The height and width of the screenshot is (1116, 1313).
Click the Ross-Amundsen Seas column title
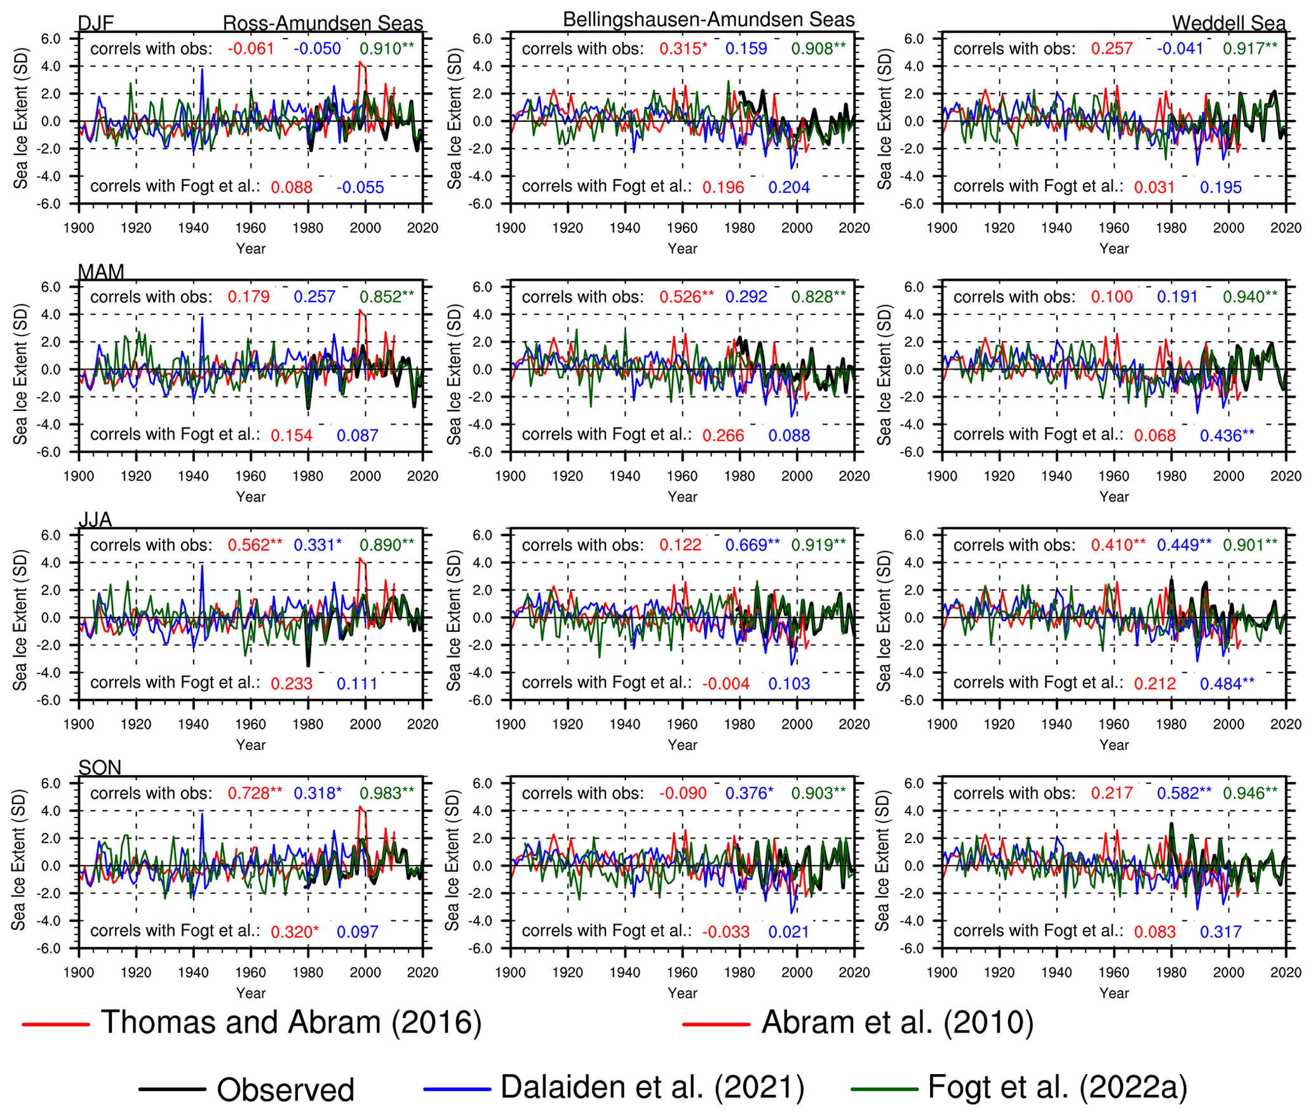322,24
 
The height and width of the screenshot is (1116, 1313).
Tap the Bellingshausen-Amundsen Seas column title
708,19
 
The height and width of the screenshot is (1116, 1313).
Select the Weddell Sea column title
1228,24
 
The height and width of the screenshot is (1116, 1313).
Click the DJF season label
95,24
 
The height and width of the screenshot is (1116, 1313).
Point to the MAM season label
100,272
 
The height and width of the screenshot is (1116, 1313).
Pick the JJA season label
95,520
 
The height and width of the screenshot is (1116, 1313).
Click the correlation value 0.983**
386,793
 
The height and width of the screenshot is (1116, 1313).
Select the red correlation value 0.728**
255,793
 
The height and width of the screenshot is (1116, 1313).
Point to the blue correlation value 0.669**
752,545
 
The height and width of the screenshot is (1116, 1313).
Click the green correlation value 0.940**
1249,297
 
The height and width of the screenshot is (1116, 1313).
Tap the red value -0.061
251,48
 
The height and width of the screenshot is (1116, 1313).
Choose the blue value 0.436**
1227,436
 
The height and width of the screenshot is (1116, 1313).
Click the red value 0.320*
294,932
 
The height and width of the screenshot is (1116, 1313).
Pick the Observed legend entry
285,1090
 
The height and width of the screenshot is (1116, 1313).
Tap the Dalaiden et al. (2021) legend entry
652,1087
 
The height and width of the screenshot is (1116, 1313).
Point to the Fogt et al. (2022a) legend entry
1057,1087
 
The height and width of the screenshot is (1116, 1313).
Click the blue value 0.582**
1183,793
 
